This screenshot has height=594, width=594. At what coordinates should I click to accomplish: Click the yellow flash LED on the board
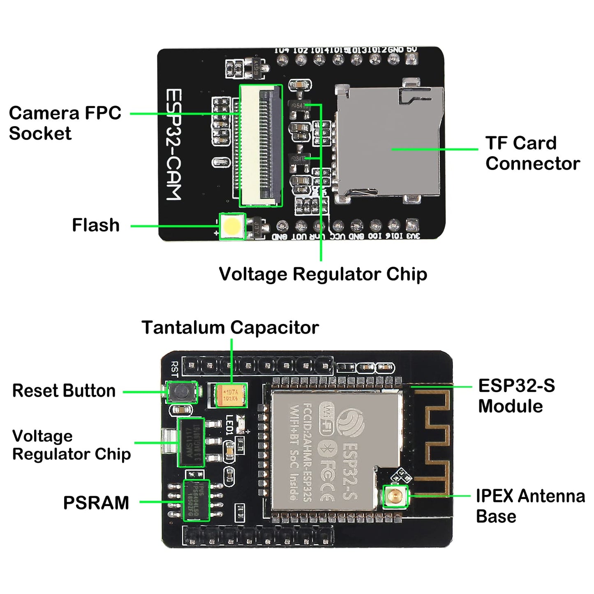tap(232, 226)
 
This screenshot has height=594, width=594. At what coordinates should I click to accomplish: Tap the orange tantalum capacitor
tap(231, 395)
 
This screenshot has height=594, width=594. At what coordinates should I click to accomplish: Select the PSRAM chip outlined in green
tap(196, 500)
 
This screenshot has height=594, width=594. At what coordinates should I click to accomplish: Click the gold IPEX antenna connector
tap(395, 496)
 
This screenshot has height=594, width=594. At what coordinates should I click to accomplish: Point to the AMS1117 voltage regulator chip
tap(191, 442)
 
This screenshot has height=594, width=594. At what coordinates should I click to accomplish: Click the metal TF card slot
tap(388, 144)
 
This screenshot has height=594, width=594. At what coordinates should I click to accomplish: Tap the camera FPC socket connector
tap(261, 146)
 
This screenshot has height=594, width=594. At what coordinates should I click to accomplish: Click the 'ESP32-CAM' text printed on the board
tap(173, 145)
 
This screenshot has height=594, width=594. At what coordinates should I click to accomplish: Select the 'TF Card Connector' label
tap(532, 153)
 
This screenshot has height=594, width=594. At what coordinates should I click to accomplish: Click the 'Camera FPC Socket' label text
tap(65, 123)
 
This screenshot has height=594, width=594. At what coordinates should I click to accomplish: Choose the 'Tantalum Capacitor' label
tap(230, 328)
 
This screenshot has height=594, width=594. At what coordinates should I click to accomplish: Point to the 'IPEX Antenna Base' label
tap(530, 506)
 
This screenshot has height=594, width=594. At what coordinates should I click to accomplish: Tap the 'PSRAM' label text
tap(96, 503)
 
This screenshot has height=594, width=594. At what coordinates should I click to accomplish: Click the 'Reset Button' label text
tap(64, 391)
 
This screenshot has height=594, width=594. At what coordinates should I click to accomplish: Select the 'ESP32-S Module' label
tap(516, 396)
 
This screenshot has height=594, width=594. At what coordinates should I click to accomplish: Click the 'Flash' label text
tap(95, 225)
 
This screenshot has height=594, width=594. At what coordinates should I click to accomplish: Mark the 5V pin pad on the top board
tap(411, 60)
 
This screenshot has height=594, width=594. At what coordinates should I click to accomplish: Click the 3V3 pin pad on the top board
tap(412, 226)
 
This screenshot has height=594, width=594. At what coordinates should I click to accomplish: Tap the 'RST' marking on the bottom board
tap(174, 369)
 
